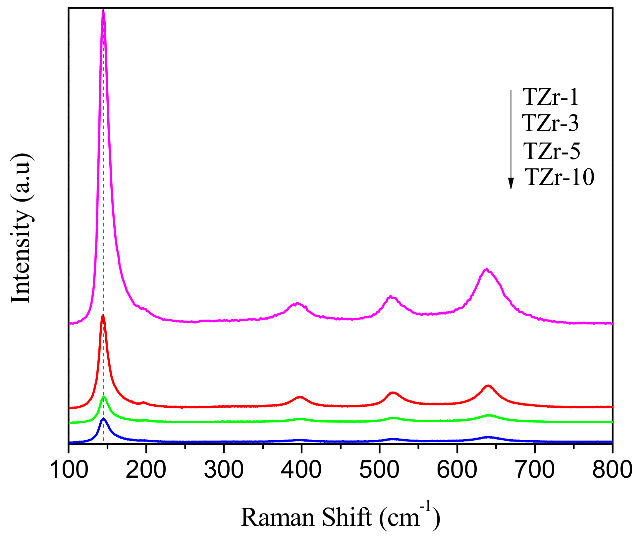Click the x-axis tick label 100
69,470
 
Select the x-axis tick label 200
146,470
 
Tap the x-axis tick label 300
224,470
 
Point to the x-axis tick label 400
301,470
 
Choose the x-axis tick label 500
379,470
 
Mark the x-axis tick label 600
457,470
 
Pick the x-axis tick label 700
535,470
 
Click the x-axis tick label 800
612,470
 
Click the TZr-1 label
551,97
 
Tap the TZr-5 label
552,151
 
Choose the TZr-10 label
560,177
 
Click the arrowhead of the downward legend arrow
511,183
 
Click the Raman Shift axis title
340,517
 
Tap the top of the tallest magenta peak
103,11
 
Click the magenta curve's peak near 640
487,269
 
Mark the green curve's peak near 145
104,396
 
